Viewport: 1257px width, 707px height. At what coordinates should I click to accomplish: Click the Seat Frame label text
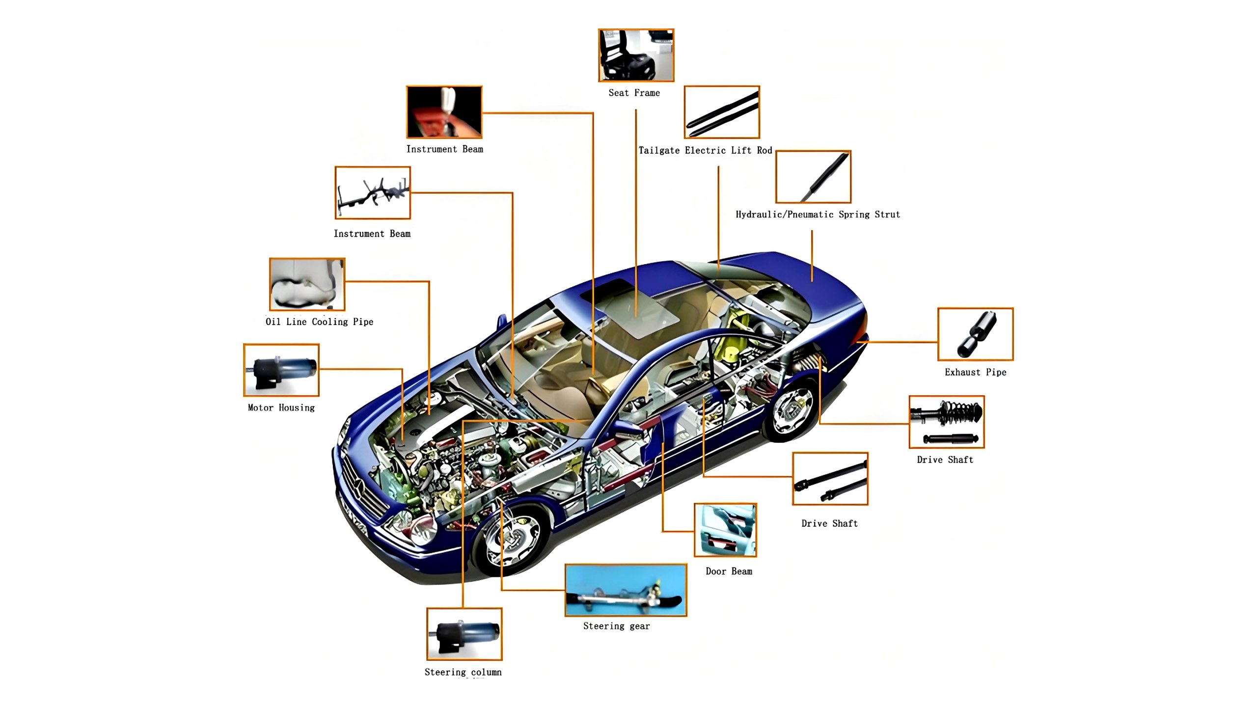(x=634, y=93)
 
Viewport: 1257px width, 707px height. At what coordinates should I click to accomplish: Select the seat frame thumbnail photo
(x=636, y=55)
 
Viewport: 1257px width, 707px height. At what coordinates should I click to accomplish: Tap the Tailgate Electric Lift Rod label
(x=705, y=150)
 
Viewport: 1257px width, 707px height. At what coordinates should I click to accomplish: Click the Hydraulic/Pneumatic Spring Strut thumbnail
(x=813, y=177)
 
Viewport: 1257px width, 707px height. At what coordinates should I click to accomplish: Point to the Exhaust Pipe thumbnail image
(x=975, y=334)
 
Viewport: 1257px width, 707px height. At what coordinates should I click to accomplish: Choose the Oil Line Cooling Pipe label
(x=319, y=322)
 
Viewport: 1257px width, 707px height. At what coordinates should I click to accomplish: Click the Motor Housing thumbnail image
(x=281, y=370)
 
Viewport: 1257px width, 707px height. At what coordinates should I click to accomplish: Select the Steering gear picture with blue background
(x=626, y=590)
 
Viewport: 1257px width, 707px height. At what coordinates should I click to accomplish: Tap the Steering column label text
(x=463, y=672)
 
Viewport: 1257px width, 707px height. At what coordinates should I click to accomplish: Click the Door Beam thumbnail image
(x=725, y=530)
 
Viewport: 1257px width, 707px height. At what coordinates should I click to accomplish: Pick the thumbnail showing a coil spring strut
(x=947, y=422)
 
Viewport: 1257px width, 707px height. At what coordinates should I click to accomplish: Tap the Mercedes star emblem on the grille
(x=359, y=486)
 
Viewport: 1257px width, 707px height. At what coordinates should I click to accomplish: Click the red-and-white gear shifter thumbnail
(x=444, y=112)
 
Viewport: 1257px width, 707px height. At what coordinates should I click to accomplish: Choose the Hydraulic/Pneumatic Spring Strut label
(x=818, y=214)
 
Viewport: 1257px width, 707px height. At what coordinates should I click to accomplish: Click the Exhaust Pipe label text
(x=975, y=372)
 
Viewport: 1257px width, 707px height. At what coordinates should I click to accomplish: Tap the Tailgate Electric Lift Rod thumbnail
(x=722, y=112)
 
